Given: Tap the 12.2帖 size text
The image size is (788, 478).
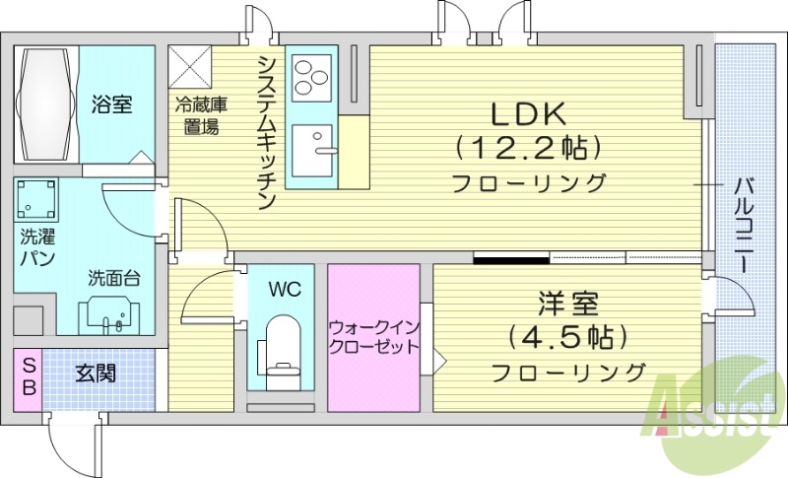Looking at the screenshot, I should click(x=528, y=149).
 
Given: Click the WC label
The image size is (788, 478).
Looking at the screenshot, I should click(x=286, y=290).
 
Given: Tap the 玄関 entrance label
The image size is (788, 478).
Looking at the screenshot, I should click(x=96, y=374).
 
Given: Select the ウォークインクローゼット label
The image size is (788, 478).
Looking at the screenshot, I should click(x=373, y=335).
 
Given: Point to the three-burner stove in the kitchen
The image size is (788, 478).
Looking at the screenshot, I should click(x=311, y=77).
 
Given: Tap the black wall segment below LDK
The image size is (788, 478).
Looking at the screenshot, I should click(x=510, y=259).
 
